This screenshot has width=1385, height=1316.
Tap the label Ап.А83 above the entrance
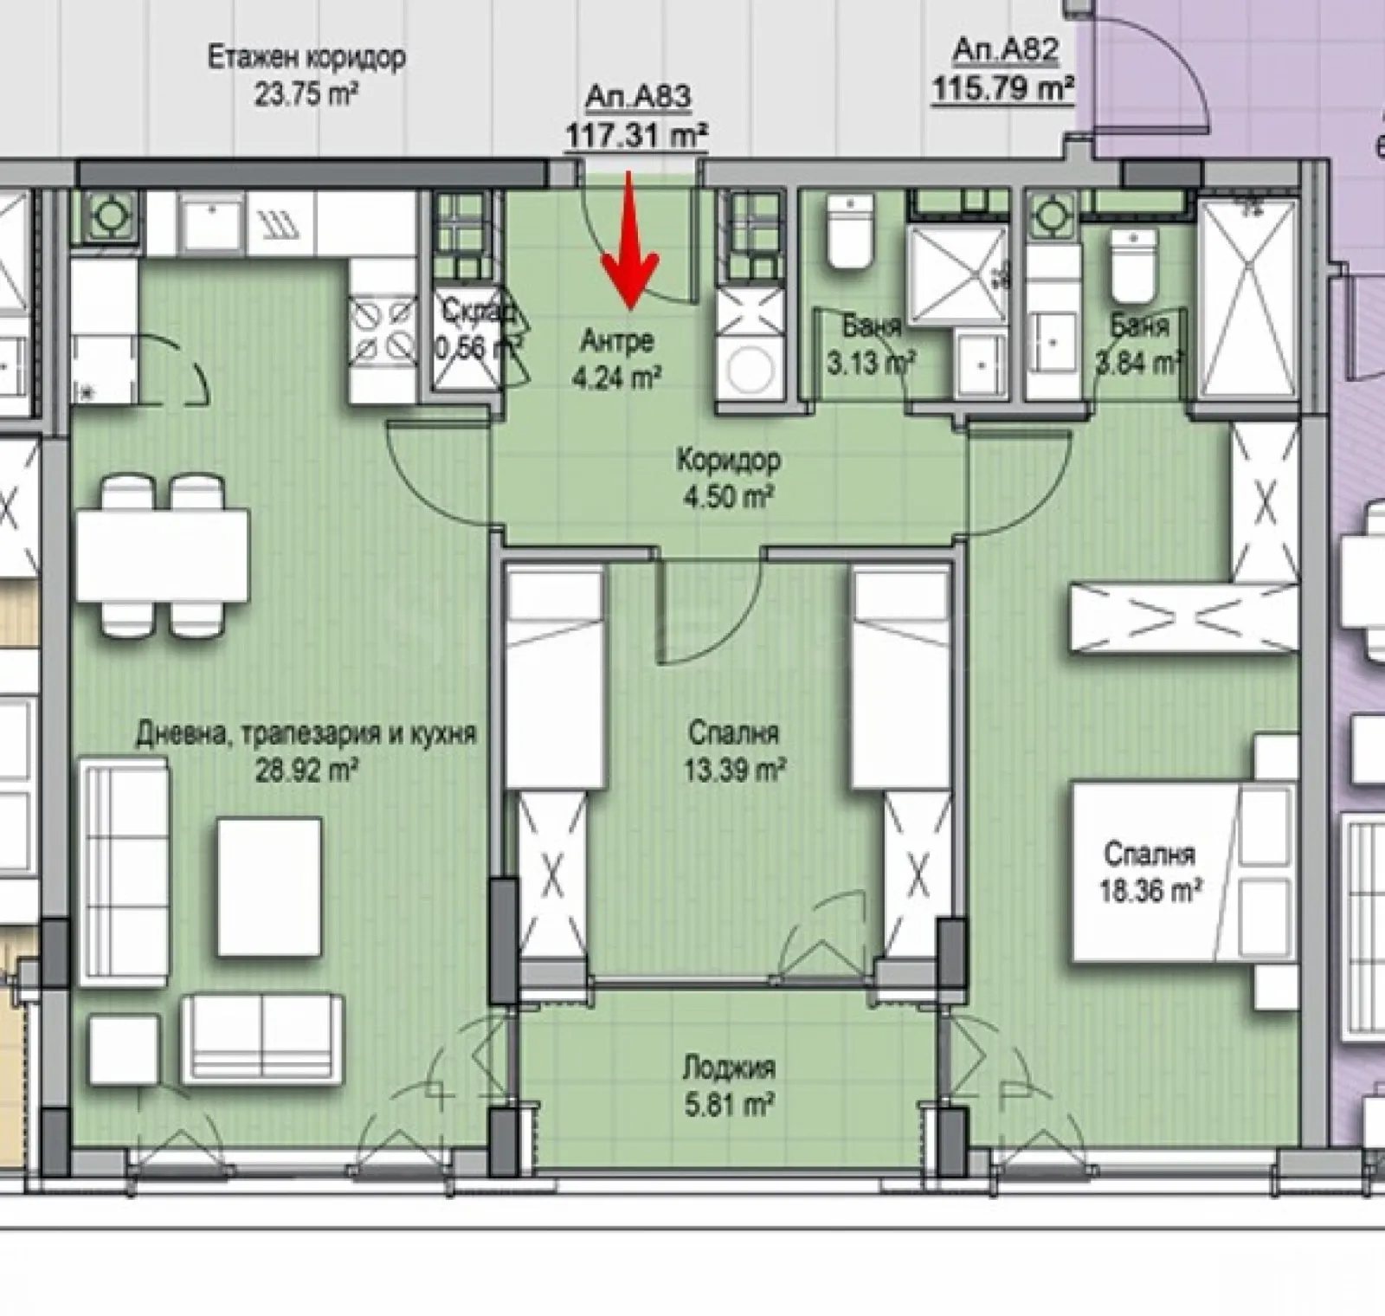click(x=638, y=98)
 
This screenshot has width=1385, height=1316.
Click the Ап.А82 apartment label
click(x=1005, y=51)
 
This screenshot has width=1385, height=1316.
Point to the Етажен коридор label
click(x=306, y=59)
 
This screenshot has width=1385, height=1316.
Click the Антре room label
click(x=616, y=342)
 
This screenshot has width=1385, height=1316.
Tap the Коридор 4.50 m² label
click(x=728, y=477)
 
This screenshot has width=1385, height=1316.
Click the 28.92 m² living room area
click(x=306, y=770)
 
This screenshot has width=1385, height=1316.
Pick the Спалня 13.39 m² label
click(x=734, y=751)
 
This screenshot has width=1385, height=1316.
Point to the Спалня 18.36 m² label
click(x=1150, y=872)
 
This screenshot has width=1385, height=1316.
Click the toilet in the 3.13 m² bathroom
click(x=849, y=231)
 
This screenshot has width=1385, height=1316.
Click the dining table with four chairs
click(x=162, y=555)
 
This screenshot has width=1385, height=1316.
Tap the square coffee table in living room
click(x=269, y=887)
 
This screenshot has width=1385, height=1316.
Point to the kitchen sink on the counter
click(x=212, y=223)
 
